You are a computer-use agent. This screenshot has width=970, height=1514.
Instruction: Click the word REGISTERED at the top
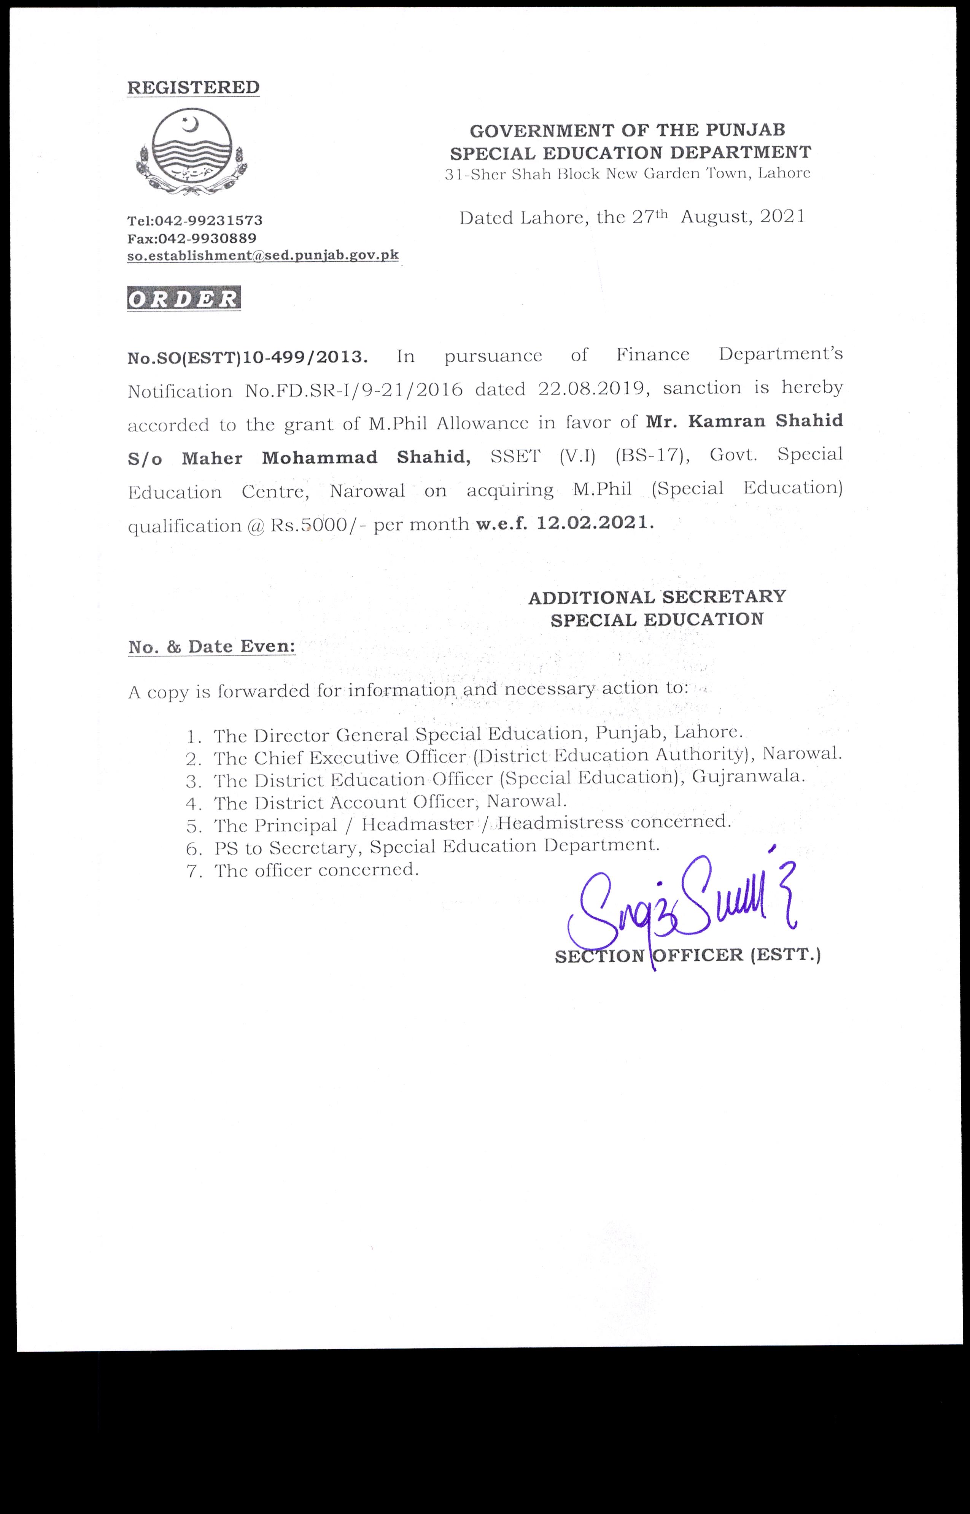193,87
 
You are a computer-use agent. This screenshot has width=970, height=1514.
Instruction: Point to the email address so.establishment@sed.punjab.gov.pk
262,256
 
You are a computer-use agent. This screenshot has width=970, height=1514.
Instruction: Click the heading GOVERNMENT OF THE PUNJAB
627,130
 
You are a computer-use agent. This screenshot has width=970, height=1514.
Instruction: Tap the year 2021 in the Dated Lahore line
782,217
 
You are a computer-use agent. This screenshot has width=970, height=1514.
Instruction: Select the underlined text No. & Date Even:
211,647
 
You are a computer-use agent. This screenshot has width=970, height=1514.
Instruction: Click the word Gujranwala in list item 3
747,777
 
